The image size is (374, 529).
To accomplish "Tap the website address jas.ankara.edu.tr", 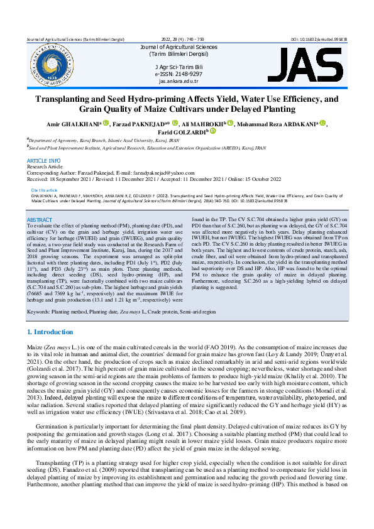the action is point(179,81).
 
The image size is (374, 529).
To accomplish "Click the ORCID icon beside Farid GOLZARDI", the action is point(212,131).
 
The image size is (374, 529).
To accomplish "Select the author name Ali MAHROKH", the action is point(207,123).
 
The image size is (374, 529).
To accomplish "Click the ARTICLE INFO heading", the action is point(43,161).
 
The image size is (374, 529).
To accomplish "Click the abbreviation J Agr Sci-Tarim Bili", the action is point(179,66).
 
